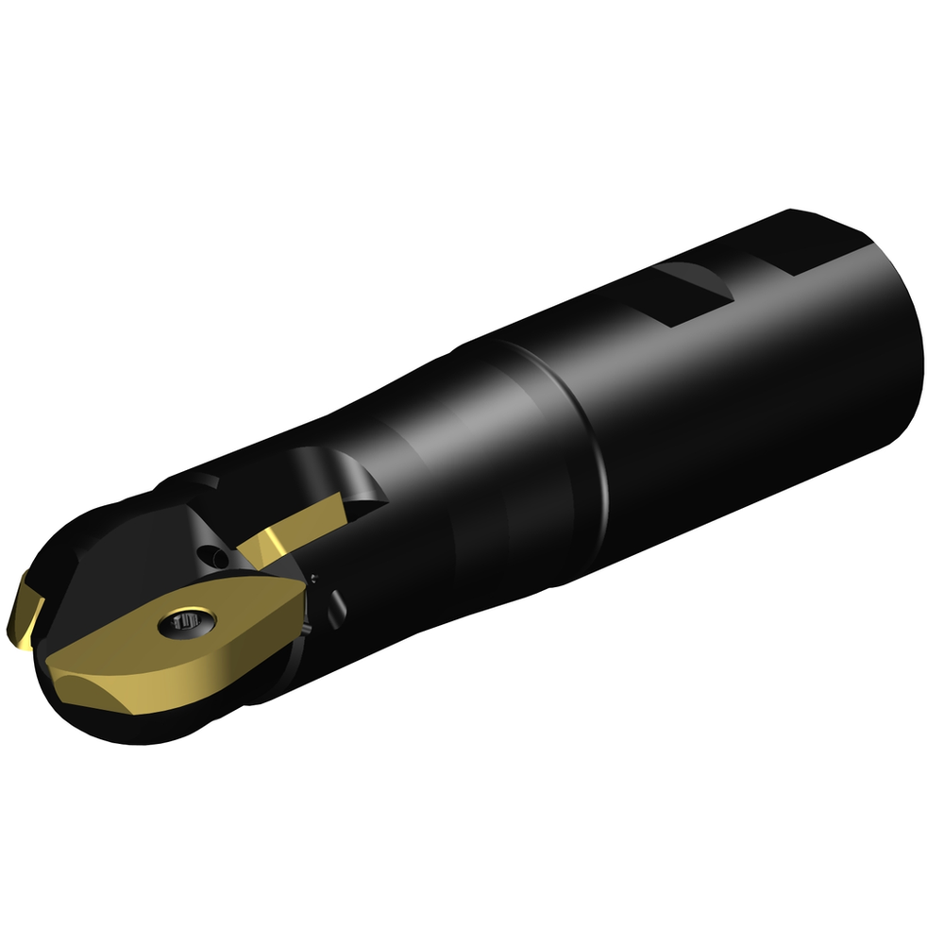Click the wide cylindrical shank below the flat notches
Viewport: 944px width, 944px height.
click(755, 415)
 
